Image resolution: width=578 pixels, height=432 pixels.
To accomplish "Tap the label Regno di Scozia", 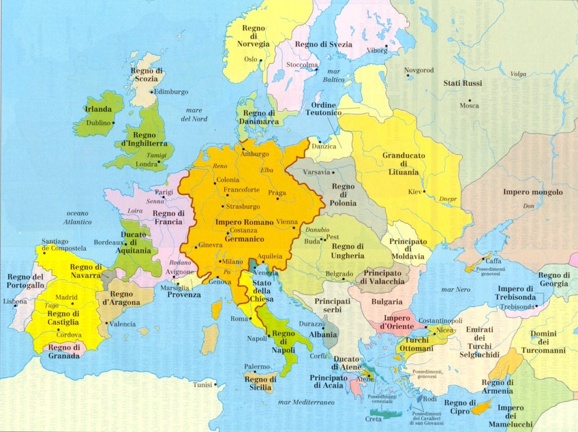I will (147, 75).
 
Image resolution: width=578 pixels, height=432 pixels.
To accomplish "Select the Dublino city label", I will (98, 123).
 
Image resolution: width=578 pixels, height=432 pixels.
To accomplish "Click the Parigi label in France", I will (164, 192).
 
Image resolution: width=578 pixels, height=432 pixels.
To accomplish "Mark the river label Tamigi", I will (156, 155).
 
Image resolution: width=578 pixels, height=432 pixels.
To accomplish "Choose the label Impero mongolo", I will (532, 192).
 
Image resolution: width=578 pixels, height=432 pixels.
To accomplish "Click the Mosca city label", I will (469, 106).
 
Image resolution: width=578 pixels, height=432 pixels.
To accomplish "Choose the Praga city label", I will (277, 193).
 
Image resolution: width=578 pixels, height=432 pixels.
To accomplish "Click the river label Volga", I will (518, 74).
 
